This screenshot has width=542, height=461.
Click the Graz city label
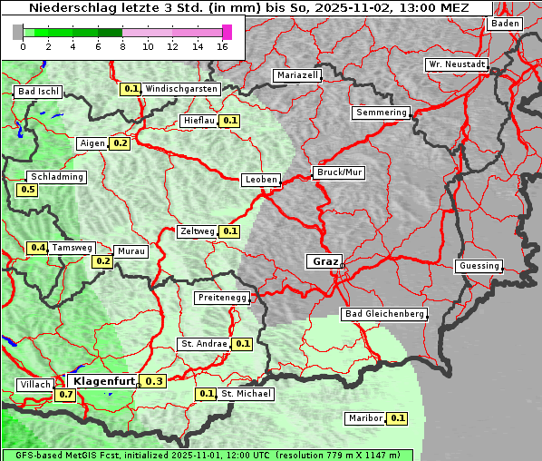coord(324,261)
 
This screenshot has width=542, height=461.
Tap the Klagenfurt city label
coord(103,381)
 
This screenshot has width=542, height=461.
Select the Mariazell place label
coord(298,75)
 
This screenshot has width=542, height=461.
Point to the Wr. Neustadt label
coord(457,65)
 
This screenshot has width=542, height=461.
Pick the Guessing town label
coord(479,266)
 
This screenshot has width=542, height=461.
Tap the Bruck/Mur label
coord(338,172)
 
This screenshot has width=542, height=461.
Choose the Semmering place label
coord(381,113)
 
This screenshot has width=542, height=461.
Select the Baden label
coord(506,24)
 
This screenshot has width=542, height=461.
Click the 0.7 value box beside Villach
coord(65,395)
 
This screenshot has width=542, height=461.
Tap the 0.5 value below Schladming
coord(27,190)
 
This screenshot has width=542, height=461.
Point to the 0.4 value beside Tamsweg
coord(37,248)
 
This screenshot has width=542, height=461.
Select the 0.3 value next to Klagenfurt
coord(154,381)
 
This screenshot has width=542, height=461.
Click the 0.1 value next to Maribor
coord(398,418)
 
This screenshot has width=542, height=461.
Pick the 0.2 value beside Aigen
coord(121,143)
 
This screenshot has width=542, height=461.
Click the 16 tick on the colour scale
coord(222,46)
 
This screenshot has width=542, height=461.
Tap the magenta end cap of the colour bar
coord(227,32)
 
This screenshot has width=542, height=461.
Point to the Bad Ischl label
coord(38,92)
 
